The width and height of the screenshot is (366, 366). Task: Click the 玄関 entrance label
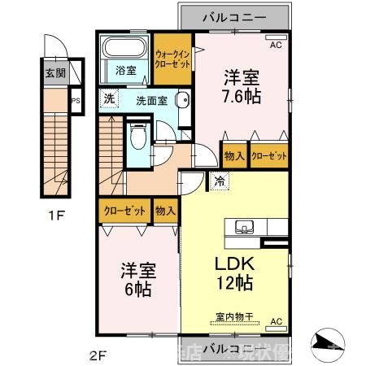(54, 72)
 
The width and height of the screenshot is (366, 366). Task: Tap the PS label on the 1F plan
(76, 102)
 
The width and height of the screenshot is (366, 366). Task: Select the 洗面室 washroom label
(152, 102)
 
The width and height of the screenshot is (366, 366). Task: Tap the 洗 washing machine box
(109, 100)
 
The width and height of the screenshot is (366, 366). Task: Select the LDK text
(235, 264)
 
